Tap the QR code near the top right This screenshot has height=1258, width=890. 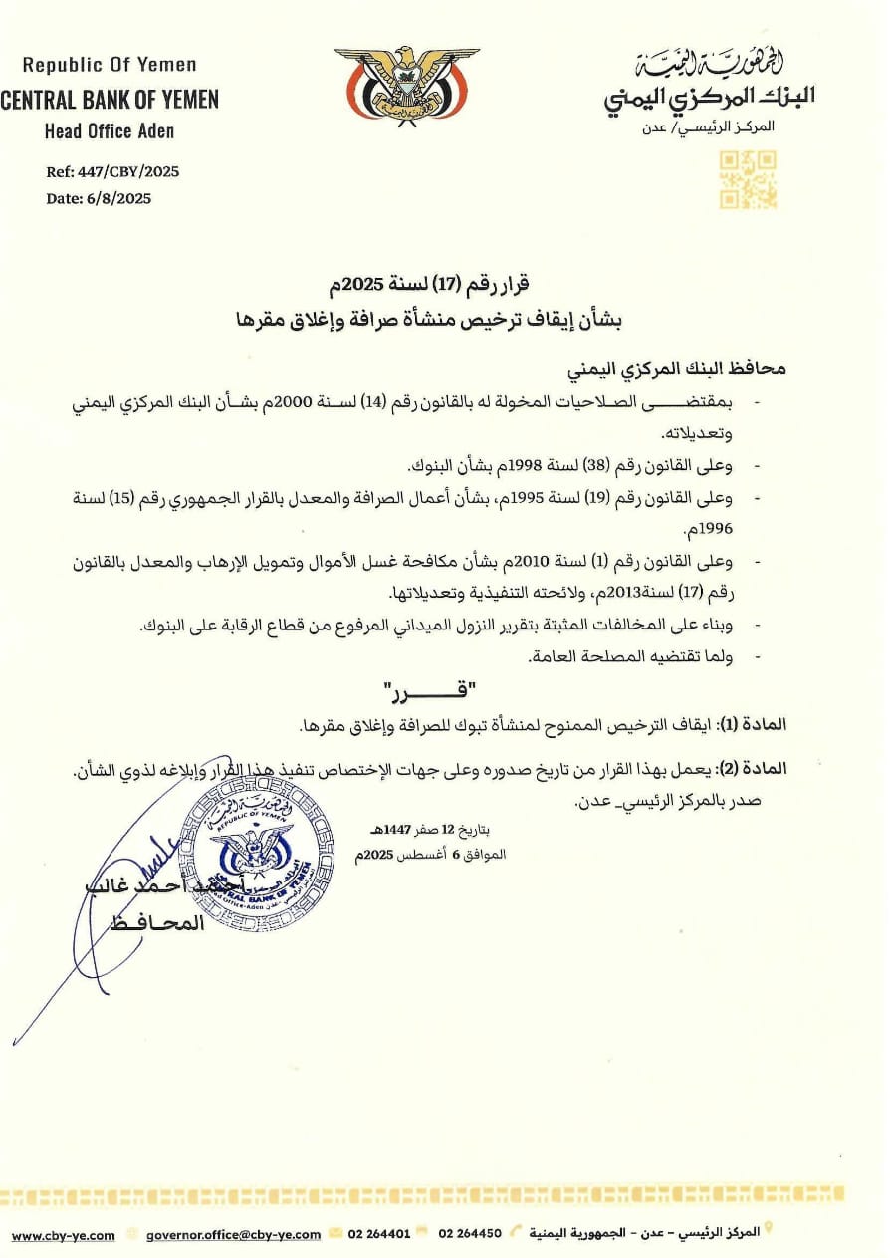(748, 179)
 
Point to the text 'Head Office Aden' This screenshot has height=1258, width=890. (109, 131)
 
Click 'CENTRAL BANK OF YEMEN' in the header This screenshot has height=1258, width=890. (109, 100)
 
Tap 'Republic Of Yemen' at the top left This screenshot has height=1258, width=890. (110, 65)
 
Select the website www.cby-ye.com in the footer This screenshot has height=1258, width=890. (63, 1234)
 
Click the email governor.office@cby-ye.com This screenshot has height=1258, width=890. (233, 1234)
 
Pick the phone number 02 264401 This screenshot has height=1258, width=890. (379, 1234)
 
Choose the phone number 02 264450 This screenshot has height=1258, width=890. (470, 1234)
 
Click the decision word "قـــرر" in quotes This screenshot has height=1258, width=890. (429, 689)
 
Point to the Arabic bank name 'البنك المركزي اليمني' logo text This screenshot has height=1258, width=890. (709, 97)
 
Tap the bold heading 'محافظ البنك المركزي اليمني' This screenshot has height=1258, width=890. (676, 369)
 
